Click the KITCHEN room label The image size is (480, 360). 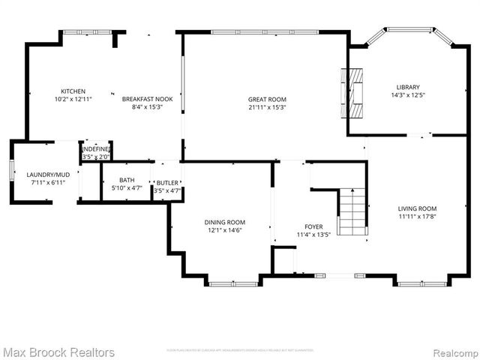point(73,91)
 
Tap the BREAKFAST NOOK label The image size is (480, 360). point(147,99)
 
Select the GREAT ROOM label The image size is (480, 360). point(267,99)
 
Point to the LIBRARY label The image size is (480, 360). point(408,87)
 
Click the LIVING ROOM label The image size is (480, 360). point(417,208)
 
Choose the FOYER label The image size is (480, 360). point(313,226)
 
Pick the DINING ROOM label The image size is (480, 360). point(225,222)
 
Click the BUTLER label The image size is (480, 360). point(167,183)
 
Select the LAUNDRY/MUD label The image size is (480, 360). point(46,175)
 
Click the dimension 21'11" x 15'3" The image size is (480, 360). point(267,107)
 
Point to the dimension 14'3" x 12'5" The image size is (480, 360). point(408,95)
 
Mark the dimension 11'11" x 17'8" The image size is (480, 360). point(417,217)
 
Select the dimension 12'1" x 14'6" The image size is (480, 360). point(225,230)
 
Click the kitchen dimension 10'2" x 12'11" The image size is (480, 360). point(73,99)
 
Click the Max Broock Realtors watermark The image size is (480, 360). point(58,352)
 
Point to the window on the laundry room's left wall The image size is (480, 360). point(12,171)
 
